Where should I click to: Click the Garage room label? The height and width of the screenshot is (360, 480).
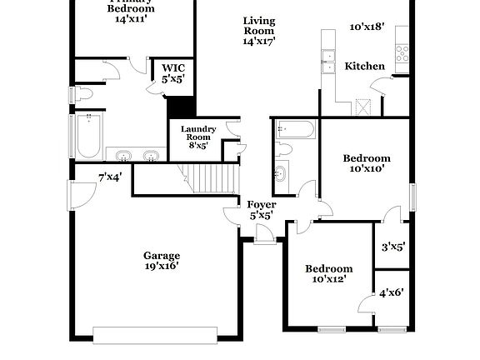[161, 256]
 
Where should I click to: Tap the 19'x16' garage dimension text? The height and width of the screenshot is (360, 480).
[161, 267]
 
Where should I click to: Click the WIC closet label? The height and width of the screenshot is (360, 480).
[173, 67]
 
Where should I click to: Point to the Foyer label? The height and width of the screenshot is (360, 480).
[262, 204]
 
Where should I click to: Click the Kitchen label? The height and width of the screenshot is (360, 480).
[365, 67]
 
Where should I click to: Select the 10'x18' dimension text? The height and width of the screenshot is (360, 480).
[367, 27]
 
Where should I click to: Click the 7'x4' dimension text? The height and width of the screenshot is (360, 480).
[110, 177]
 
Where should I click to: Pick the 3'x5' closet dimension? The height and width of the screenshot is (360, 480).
[392, 247]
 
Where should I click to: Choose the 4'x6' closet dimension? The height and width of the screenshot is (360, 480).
[392, 292]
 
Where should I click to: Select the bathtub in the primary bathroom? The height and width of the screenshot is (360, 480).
[89, 137]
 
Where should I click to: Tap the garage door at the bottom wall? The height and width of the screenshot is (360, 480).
[156, 335]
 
